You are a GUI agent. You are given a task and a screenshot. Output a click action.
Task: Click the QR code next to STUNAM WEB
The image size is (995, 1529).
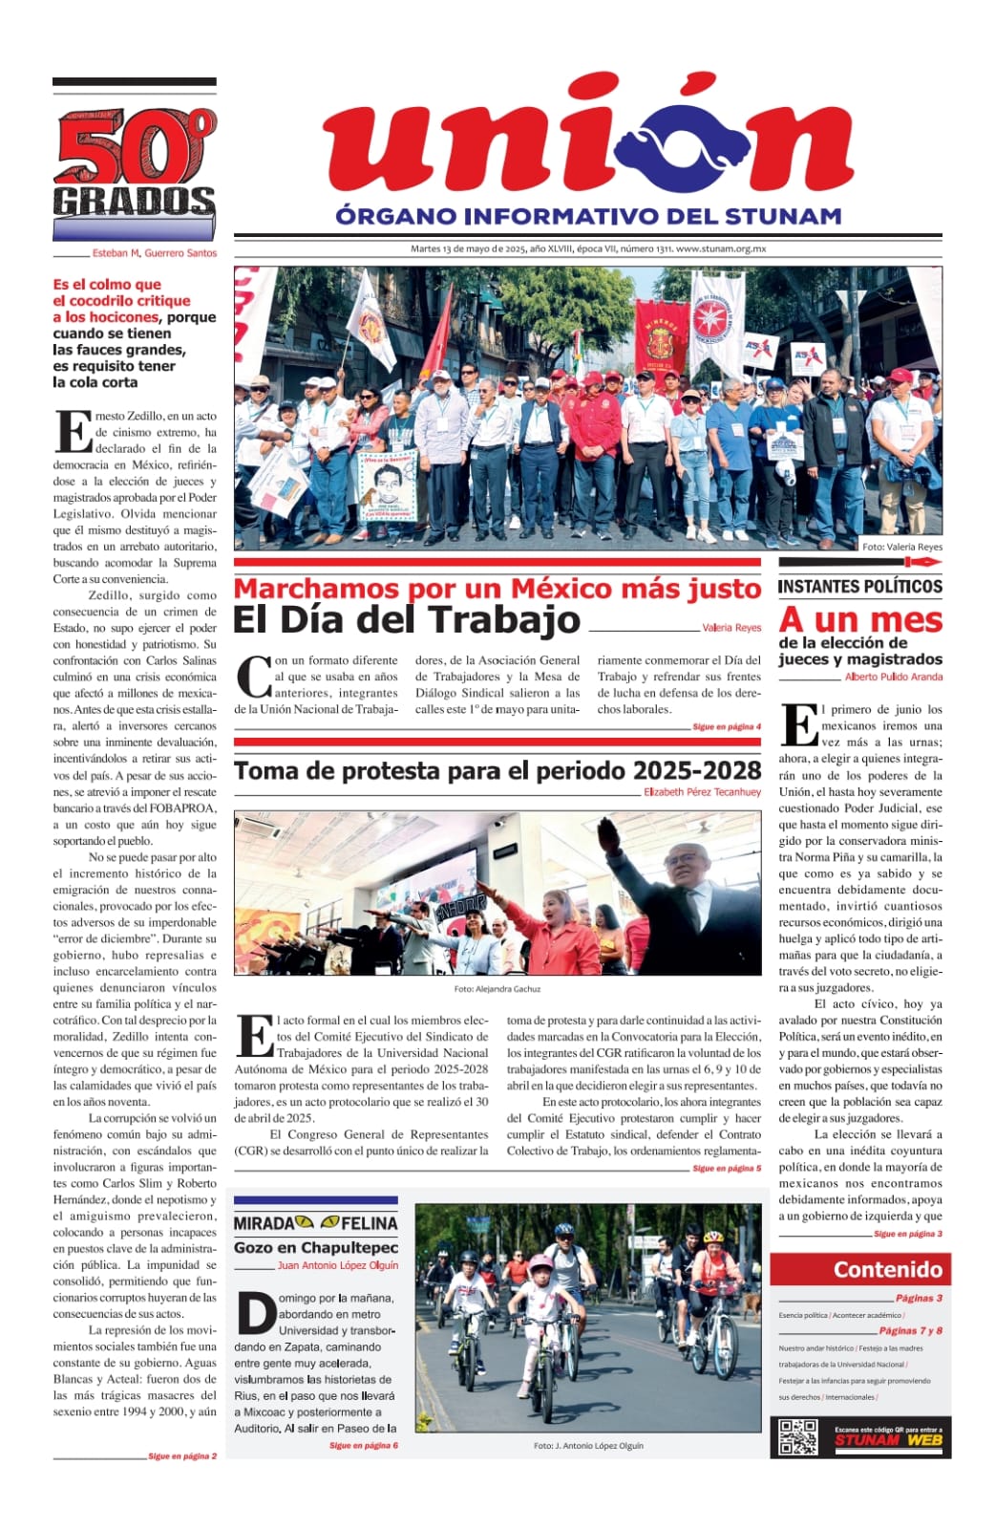click(x=797, y=1436)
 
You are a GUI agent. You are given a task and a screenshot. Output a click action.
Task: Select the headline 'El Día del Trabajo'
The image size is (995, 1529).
click(x=407, y=620)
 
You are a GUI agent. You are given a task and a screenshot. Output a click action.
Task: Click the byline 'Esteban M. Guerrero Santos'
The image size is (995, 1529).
click(x=155, y=253)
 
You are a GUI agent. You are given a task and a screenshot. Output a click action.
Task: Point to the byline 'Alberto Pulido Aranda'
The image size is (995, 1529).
click(x=893, y=677)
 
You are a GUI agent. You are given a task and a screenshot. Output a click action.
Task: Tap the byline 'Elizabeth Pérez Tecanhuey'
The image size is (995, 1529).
click(x=702, y=792)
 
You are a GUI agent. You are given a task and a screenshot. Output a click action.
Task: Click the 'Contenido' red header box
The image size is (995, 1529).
click(x=860, y=1269)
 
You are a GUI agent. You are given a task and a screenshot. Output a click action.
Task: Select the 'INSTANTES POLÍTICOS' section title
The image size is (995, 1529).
click(x=859, y=587)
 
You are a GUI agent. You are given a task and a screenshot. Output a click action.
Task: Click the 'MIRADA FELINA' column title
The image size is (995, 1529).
click(x=315, y=1222)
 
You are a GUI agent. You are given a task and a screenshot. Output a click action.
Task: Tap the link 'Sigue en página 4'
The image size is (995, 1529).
click(x=727, y=727)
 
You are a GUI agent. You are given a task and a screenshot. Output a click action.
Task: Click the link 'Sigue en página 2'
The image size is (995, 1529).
click(x=182, y=1456)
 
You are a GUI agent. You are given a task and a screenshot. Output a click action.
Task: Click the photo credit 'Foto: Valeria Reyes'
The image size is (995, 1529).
click(x=901, y=547)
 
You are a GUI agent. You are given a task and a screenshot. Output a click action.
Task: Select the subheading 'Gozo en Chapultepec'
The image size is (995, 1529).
click(x=316, y=1247)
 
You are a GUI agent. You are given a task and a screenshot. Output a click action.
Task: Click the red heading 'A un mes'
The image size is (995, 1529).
click(x=860, y=619)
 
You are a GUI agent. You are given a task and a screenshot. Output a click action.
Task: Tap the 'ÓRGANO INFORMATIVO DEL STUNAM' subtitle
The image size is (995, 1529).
click(x=588, y=216)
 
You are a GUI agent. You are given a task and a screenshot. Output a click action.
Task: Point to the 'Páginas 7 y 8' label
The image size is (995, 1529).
click(x=910, y=1330)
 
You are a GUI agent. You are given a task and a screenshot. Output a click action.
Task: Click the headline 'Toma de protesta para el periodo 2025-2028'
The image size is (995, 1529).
click(x=497, y=770)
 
